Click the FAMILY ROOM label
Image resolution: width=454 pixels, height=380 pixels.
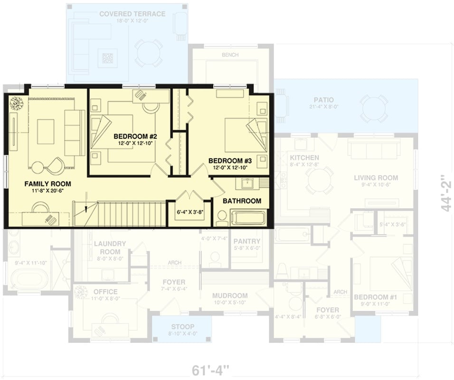[47, 183]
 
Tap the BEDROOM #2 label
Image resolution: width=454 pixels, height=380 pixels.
[135, 136]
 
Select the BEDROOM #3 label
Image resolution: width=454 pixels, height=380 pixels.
[230, 160]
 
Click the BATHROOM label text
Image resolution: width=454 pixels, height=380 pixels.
[242, 201]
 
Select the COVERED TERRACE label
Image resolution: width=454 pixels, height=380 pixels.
[132, 14]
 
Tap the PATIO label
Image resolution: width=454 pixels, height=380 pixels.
[323, 100]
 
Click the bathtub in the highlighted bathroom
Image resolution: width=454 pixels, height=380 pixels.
[248, 218]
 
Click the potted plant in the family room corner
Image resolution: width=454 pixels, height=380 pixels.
[17, 103]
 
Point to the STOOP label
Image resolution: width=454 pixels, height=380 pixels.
[183, 326]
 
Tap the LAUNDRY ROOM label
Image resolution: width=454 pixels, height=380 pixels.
[110, 247]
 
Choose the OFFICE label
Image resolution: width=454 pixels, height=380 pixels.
[105, 291]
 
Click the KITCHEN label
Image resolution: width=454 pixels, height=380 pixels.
[304, 157]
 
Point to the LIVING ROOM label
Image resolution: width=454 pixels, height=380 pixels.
[376, 178]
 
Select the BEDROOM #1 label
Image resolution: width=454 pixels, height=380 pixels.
[375, 297]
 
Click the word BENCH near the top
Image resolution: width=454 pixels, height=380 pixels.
[230, 55]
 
